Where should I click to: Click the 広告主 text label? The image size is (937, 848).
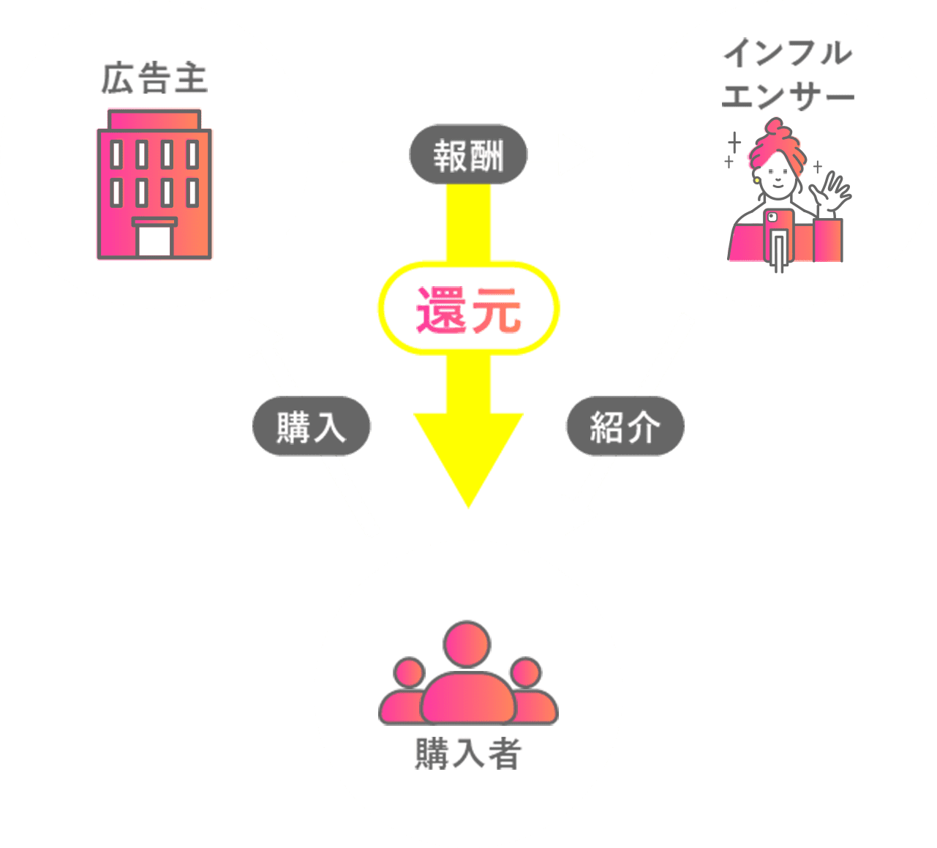point(154,79)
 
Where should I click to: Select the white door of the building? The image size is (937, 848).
point(154,239)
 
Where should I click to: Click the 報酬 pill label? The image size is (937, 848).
point(468,155)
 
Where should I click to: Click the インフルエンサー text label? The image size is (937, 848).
point(788,75)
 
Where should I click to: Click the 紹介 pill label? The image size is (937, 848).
point(625,427)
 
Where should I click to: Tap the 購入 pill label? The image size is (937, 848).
point(312,427)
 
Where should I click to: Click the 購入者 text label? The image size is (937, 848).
point(468,753)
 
